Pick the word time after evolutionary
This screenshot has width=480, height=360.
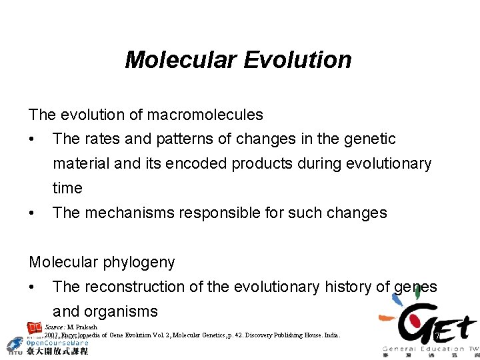coord(67,189)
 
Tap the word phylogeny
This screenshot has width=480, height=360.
coord(139,263)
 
